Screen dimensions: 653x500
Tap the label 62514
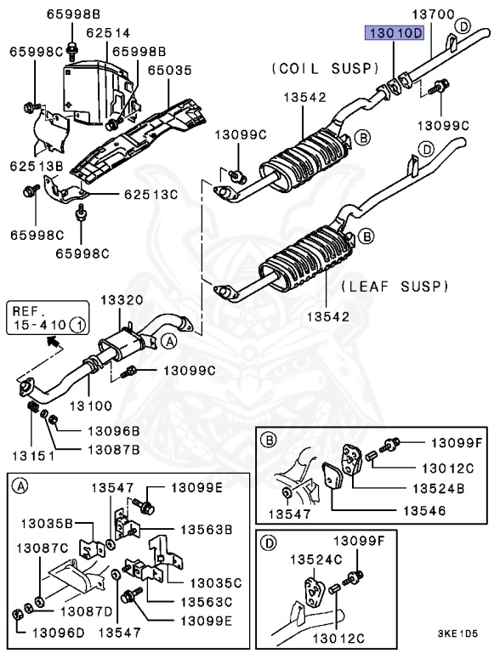tap(89, 33)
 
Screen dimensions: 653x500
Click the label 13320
tap(122, 300)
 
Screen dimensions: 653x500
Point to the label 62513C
tap(151, 195)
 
